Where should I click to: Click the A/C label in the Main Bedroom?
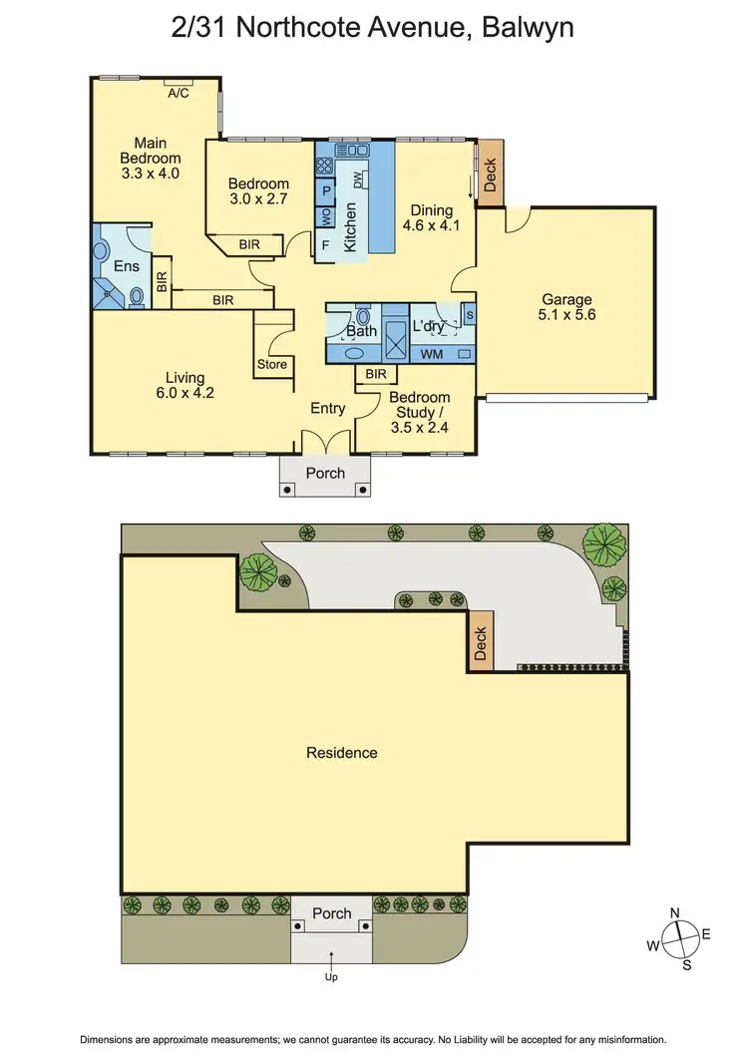[179, 93]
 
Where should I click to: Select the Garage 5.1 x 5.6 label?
[566, 306]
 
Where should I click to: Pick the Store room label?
[272, 364]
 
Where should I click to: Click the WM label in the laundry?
[432, 354]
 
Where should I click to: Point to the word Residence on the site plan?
[341, 753]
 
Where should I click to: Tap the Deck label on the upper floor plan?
[490, 176]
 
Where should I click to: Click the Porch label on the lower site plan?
[331, 913]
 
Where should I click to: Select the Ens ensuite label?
[126, 266]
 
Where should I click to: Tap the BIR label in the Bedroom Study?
[376, 374]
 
